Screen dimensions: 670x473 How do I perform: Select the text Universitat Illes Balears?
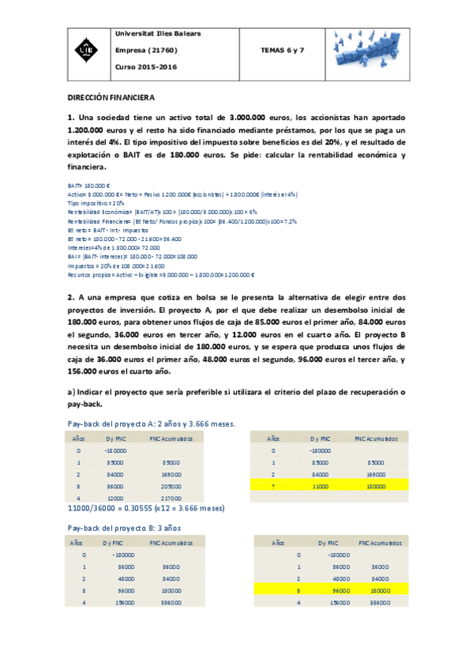(158, 34)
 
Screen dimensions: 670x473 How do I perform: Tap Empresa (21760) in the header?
(147, 51)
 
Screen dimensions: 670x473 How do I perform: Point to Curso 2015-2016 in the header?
(146, 67)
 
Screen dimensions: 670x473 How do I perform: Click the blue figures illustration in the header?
(366, 50)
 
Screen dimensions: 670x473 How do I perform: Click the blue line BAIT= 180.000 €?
(88, 186)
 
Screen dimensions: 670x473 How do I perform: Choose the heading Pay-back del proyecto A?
(151, 424)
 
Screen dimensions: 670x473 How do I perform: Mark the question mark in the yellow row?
(273, 487)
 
